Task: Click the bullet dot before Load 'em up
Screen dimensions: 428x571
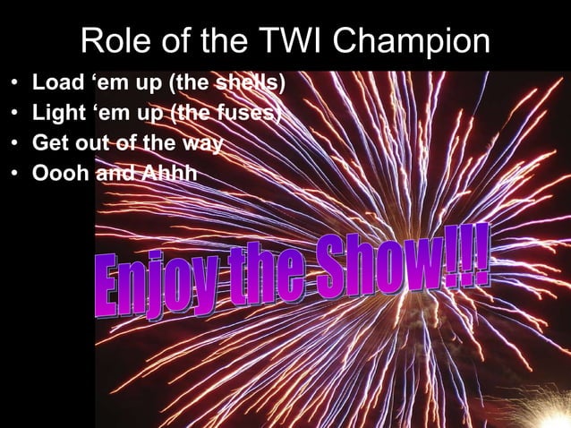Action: click(x=15, y=86)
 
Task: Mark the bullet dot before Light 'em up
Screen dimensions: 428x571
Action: click(x=15, y=115)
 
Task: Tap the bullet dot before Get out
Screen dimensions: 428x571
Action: click(x=15, y=143)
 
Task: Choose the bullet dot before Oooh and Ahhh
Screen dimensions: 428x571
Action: click(x=15, y=172)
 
